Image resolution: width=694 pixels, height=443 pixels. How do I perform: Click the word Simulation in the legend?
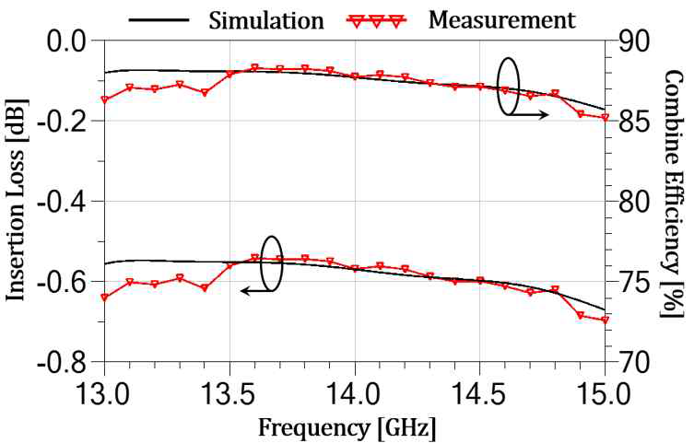(267, 18)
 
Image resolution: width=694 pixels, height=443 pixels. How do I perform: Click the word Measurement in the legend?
(502, 18)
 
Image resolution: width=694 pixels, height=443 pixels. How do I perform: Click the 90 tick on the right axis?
(632, 41)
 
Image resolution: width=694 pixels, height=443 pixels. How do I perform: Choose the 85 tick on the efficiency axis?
(632, 121)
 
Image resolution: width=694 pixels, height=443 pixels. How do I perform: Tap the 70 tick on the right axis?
(632, 361)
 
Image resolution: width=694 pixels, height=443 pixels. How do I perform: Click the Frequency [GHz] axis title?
(347, 426)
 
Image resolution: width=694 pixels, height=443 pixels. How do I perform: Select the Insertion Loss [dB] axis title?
(18, 201)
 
